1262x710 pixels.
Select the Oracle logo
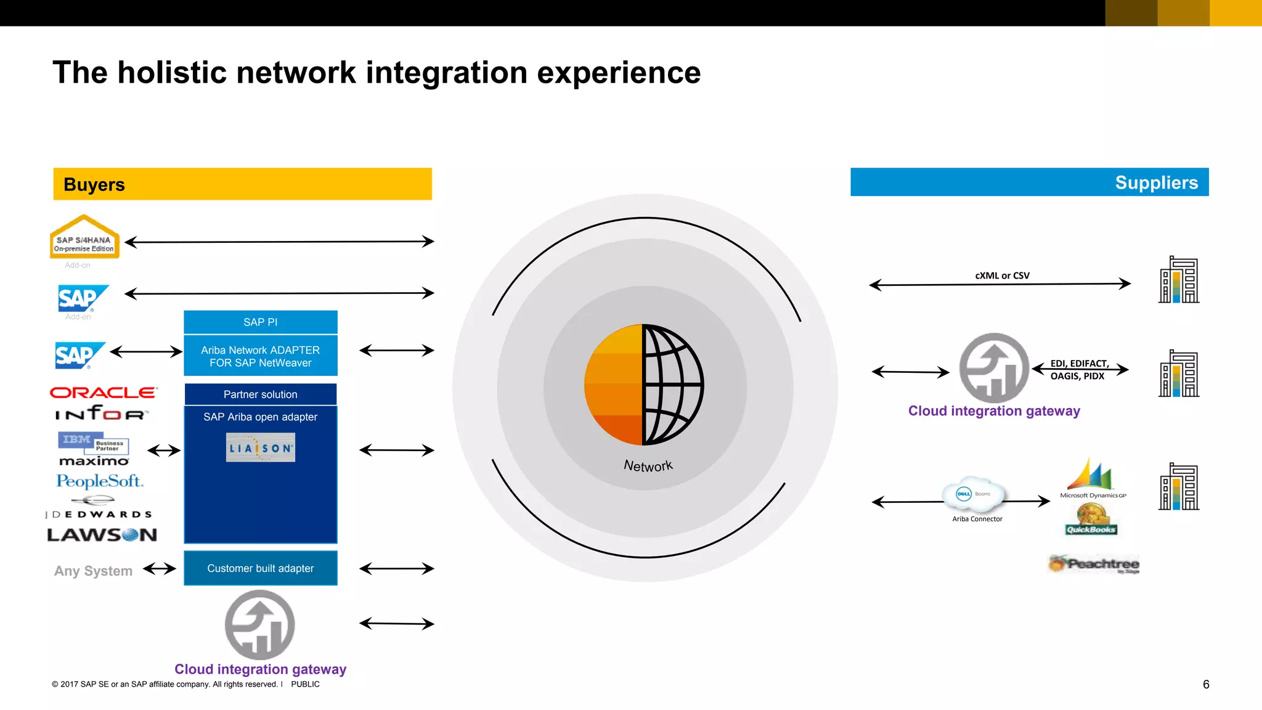104,393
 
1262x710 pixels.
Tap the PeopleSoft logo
99,481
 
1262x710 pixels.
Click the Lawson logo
102,535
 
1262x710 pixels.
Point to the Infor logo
102,413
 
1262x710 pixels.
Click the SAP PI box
260,322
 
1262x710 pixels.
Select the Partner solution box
260,394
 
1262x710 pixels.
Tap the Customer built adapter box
260,568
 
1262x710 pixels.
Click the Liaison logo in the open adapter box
261,448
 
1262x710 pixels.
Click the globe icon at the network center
644,385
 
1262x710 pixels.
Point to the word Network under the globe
648,466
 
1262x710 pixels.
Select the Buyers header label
94,184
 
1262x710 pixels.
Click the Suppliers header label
1156,182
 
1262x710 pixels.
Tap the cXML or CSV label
1002,275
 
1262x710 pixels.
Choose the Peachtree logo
1094,564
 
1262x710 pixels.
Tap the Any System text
93,571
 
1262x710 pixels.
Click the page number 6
1206,684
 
